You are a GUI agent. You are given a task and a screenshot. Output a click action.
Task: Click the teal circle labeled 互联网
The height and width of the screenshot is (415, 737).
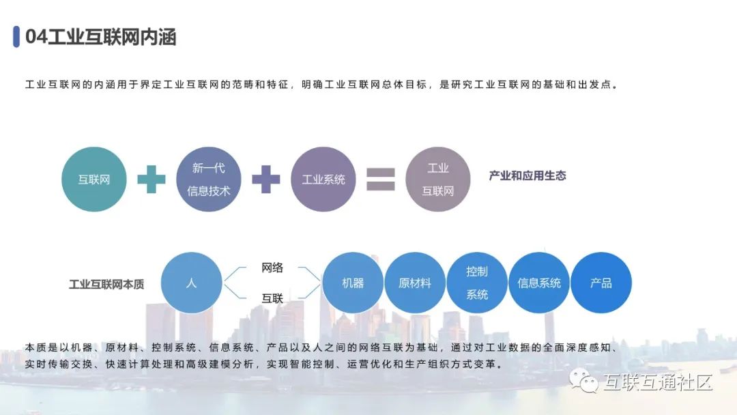(x=94, y=180)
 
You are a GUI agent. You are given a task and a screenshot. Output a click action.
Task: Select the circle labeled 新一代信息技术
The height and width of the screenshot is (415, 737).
(x=209, y=180)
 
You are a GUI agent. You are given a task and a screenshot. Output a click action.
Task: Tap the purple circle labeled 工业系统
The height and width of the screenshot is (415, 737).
(x=323, y=180)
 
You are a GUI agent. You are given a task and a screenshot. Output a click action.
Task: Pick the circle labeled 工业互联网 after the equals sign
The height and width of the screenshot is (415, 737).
(x=438, y=180)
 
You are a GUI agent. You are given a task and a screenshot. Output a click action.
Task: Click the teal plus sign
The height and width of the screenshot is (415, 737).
(x=151, y=180)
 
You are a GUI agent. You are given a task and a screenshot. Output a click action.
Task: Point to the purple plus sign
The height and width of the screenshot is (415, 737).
(x=266, y=180)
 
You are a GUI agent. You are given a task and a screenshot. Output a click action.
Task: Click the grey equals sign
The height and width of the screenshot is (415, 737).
(x=381, y=179)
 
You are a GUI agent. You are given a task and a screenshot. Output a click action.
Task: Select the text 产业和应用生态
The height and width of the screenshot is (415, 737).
(x=528, y=176)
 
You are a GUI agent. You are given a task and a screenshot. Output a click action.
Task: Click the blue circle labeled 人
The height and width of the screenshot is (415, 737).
(x=192, y=283)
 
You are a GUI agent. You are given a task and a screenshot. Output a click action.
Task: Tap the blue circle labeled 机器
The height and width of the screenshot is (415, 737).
(x=353, y=283)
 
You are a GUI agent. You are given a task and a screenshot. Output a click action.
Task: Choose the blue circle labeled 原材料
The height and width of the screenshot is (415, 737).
(x=415, y=283)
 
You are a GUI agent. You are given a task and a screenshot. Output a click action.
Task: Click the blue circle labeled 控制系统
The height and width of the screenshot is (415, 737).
(x=477, y=283)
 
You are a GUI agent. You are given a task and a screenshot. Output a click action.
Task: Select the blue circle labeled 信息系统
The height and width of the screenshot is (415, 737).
(x=539, y=283)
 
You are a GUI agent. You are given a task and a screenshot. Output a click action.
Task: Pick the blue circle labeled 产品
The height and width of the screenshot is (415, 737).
(x=601, y=283)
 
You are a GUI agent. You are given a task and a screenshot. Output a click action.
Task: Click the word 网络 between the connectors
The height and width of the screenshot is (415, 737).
(x=272, y=268)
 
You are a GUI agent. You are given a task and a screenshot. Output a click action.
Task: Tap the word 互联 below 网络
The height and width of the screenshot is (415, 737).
(x=272, y=298)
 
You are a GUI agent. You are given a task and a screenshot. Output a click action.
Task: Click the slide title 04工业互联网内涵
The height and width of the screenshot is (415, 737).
(x=101, y=37)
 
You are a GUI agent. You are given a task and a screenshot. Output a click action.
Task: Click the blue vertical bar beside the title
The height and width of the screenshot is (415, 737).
(x=16, y=37)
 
